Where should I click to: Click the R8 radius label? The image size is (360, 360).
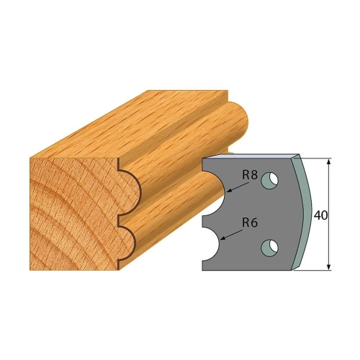tap(250, 176)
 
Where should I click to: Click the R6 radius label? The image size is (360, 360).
tap(250, 223)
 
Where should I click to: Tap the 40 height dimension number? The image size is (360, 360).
tap(320, 216)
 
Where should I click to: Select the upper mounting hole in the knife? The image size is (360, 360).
tap(270, 180)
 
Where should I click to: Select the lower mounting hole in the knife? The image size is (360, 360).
tap(270, 247)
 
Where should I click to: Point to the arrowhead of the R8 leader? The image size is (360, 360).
tap(228, 192)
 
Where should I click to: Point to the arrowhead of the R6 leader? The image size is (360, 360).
tap(222, 239)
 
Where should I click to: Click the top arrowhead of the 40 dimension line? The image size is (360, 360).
tap(329, 161)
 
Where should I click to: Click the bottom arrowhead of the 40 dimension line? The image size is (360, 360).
tap(329, 267)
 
